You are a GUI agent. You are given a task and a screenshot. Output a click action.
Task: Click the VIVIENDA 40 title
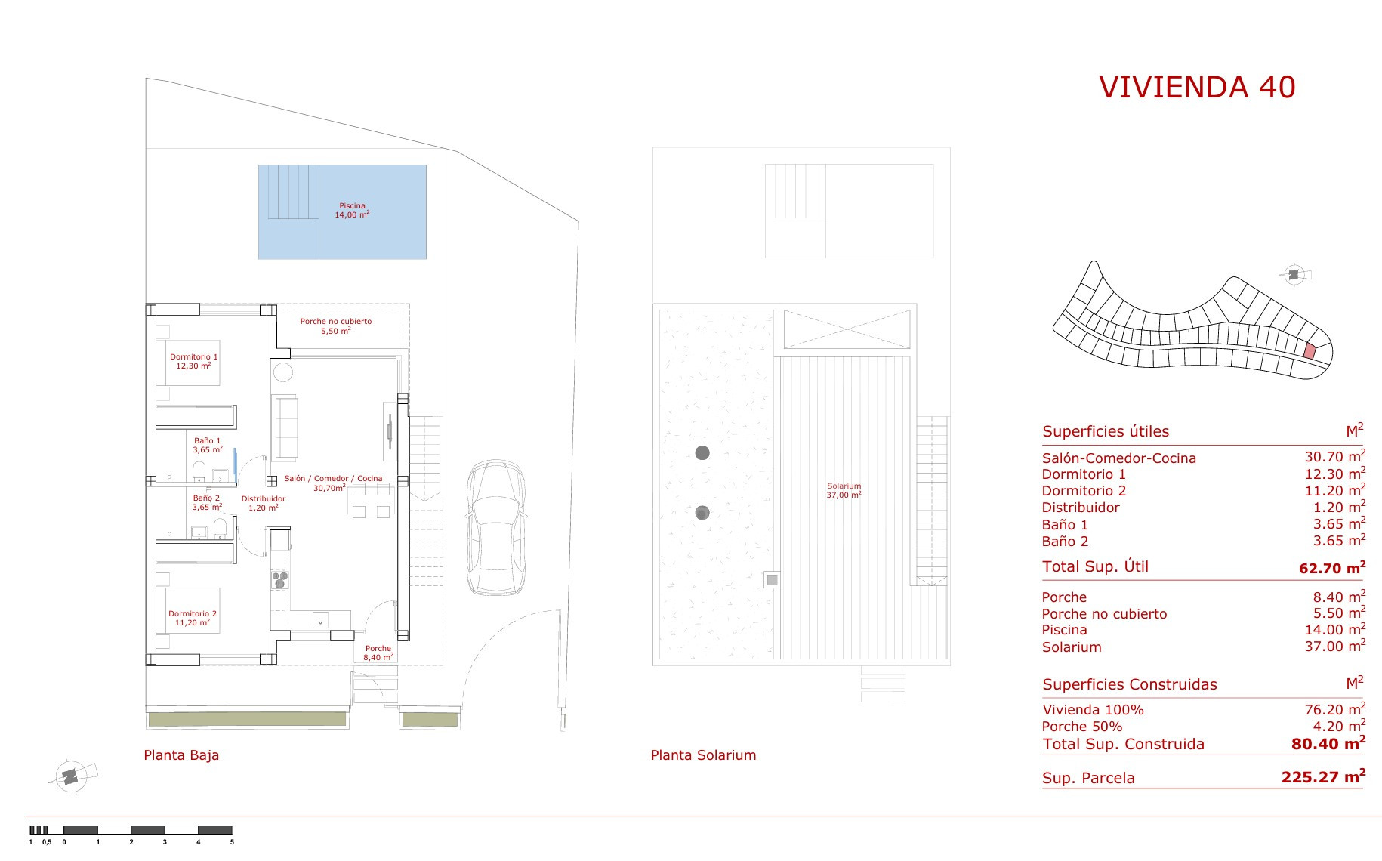coord(1197,88)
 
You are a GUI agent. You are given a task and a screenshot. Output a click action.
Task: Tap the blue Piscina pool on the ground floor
coord(342,212)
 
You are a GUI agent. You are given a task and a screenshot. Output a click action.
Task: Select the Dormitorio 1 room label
coord(193,361)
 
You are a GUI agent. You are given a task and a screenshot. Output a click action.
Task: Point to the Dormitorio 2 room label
coord(193,619)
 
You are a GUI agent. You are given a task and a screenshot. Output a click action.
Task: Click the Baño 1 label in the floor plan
coord(208,445)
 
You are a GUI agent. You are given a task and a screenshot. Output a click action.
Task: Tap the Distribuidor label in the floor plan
coord(264,503)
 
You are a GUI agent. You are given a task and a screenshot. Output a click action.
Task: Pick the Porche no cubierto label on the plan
coord(336,326)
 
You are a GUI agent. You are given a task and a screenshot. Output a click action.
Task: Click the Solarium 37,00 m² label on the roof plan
coord(844,490)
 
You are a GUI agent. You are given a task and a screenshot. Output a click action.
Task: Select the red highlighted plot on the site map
coord(1310,351)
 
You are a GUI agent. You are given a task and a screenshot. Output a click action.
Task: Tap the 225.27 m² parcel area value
coord(1323,776)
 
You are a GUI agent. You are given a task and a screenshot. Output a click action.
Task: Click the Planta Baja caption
coord(181,755)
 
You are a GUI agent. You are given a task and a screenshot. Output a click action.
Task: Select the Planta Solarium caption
coord(703,755)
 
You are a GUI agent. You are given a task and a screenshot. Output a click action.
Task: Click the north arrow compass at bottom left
coord(71,775)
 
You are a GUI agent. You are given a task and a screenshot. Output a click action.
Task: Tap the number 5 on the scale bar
coord(232,841)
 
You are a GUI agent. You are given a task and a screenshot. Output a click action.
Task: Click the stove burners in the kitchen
coord(279,579)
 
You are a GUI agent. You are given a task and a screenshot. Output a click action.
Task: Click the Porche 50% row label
coord(1081,727)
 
